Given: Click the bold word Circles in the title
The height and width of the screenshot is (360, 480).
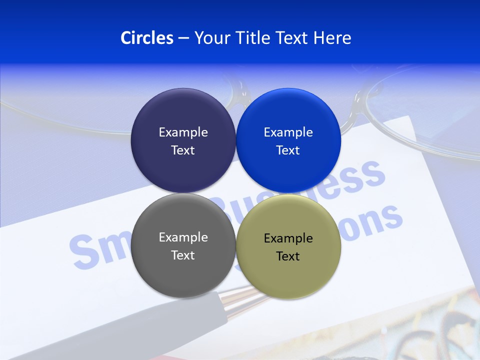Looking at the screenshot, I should [146, 38].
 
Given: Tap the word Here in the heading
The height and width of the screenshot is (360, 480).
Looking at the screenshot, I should [332, 38].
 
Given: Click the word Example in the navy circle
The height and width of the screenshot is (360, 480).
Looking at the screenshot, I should [183, 132].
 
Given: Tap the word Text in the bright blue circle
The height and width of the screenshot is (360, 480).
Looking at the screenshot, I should [288, 150].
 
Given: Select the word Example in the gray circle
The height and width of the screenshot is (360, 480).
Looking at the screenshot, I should [183, 237].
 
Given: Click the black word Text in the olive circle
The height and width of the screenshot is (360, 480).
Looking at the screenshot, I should [288, 256].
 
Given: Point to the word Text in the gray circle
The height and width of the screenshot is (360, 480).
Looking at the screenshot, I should [183, 255].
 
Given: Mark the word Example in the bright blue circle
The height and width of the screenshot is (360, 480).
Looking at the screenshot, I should [288, 132].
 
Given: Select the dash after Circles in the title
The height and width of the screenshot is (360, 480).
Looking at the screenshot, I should [183, 38].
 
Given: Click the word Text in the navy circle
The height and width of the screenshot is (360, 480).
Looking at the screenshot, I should [183, 150].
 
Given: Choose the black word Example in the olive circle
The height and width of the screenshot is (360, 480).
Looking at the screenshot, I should [288, 238].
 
